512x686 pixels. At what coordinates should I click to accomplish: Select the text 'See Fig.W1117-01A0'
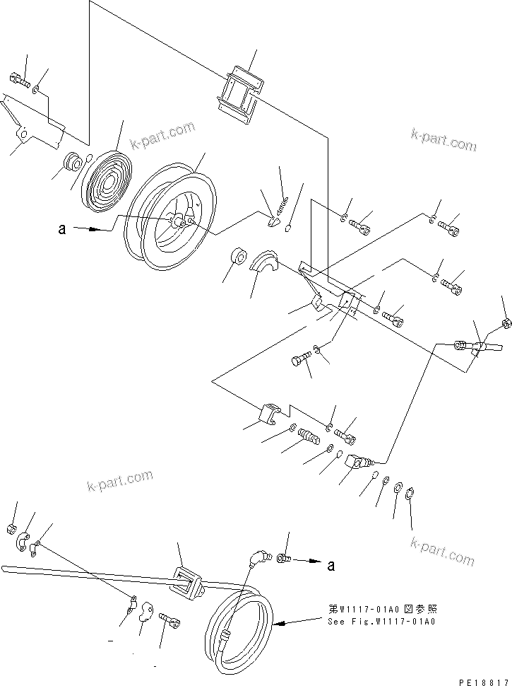coord(381,622)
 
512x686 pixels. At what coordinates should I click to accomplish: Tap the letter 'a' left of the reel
coord(64,229)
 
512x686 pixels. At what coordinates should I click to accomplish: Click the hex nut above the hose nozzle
coord(506,324)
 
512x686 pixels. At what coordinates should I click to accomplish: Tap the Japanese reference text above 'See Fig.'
coord(381,609)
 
